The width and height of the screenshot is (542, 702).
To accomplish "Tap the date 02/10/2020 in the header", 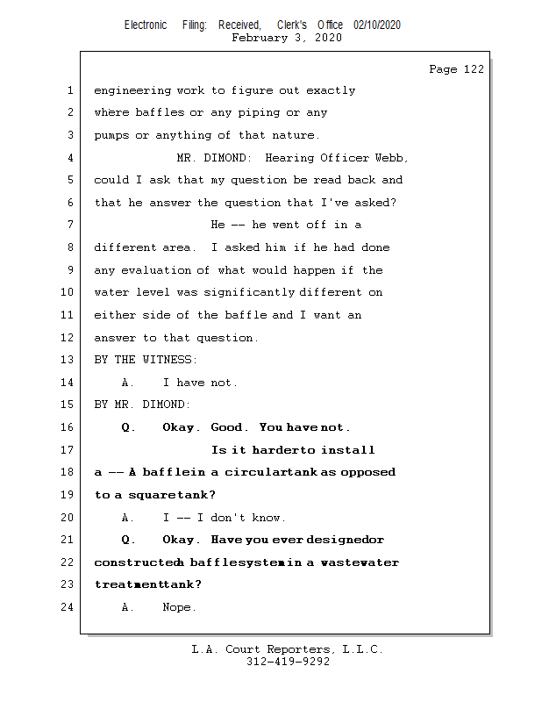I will [377, 25].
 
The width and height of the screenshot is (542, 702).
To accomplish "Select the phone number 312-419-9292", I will [287, 662].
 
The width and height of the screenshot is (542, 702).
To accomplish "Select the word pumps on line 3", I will [111, 135].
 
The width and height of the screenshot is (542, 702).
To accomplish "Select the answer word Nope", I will [180, 607].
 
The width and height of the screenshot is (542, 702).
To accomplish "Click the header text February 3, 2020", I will [287, 38].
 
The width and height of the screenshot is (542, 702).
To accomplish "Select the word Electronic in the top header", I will [146, 25].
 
